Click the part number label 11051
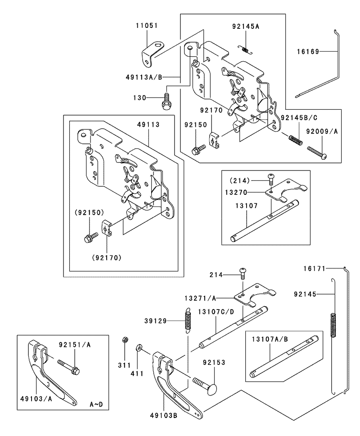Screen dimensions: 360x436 147,26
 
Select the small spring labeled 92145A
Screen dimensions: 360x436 246,49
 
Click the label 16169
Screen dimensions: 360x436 308,51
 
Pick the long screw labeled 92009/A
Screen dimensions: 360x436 317,153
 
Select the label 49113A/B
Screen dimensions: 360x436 144,77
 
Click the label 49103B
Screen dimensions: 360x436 163,416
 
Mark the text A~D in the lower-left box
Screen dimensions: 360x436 96,404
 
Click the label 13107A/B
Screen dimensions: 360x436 270,339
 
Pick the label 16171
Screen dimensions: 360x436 314,269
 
